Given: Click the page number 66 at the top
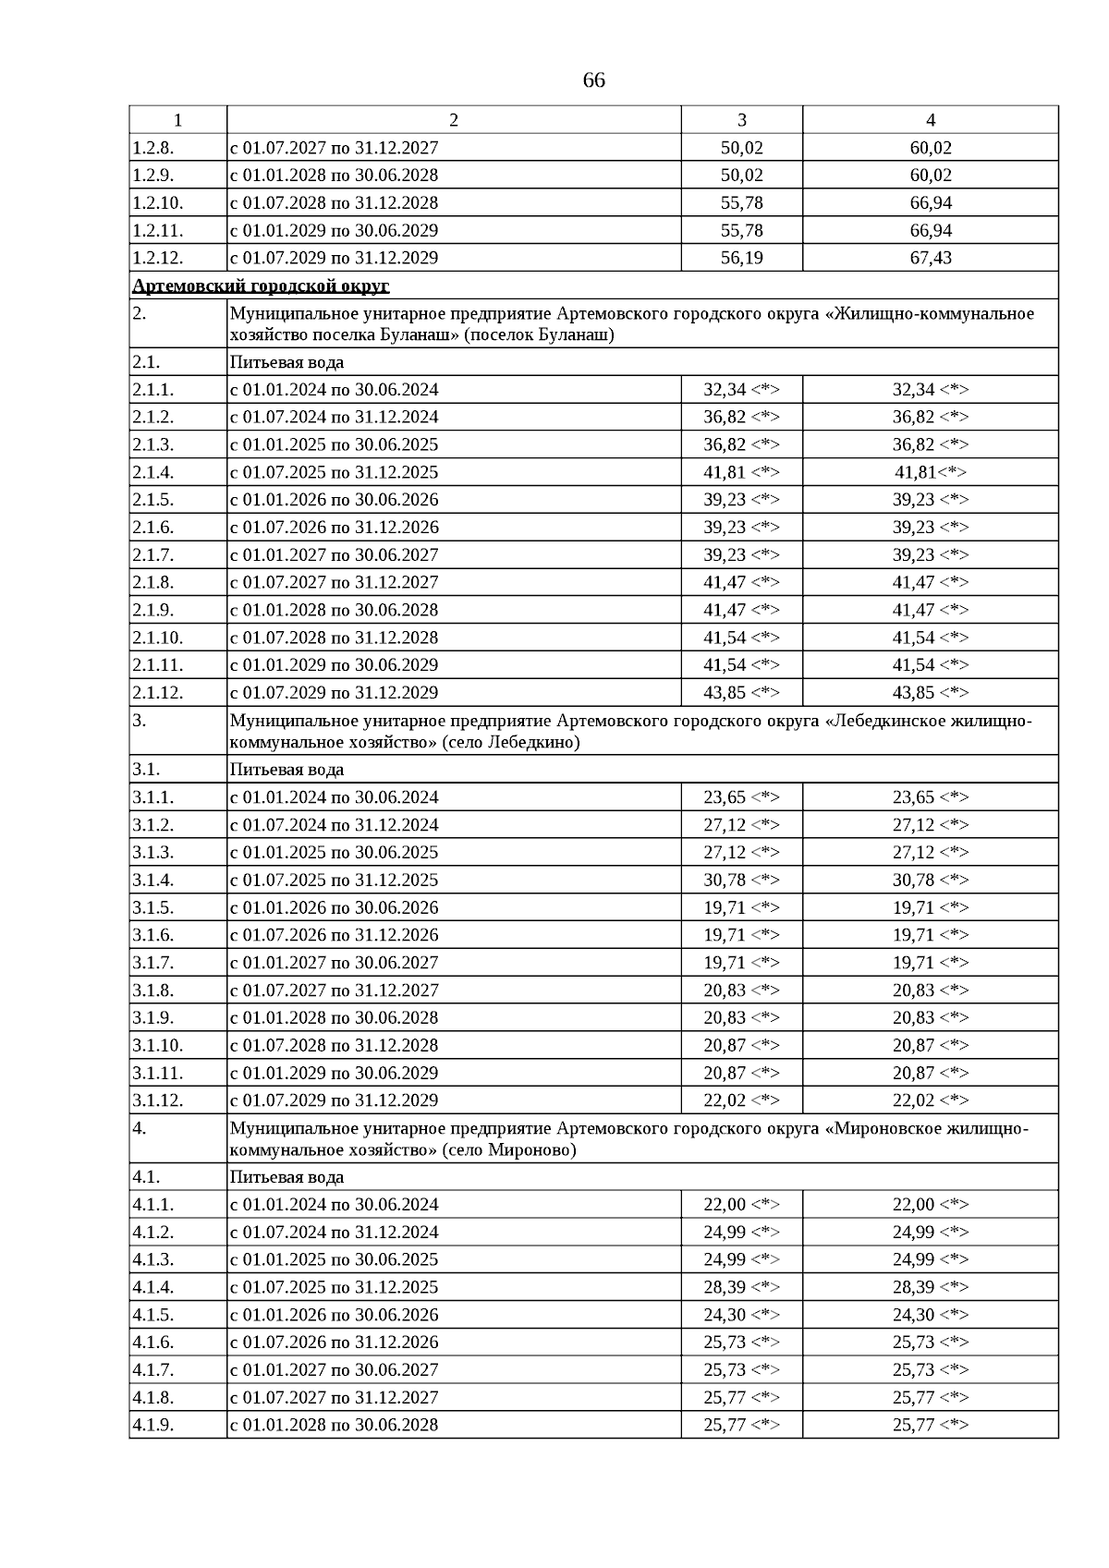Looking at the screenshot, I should pyautogui.click(x=593, y=80).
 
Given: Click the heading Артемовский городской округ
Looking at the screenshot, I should pyautogui.click(x=261, y=286).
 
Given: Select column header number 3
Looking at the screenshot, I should pyautogui.click(x=741, y=120).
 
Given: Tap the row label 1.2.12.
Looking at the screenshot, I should pyautogui.click(x=152, y=258).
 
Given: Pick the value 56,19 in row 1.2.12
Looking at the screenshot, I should pyautogui.click(x=741, y=258).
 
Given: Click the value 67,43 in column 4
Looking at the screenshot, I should pyautogui.click(x=930, y=258).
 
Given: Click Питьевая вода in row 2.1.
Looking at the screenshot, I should pyautogui.click(x=286, y=362).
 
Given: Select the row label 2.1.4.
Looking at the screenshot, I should pyautogui.click(x=152, y=472).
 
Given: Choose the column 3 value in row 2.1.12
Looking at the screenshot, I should pyautogui.click(x=741, y=693).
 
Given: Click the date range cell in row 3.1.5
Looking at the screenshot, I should pyautogui.click(x=334, y=907).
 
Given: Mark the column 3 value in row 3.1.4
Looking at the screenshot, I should pyautogui.click(x=741, y=880).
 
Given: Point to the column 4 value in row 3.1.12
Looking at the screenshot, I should pyautogui.click(x=930, y=1100).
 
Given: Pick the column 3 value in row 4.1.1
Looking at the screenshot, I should pyautogui.click(x=741, y=1205).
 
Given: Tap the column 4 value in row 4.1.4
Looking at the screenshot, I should pyautogui.click(x=930, y=1287).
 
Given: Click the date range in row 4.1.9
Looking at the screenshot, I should pyautogui.click(x=334, y=1425).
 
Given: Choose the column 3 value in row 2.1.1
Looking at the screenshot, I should pyautogui.click(x=741, y=390).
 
